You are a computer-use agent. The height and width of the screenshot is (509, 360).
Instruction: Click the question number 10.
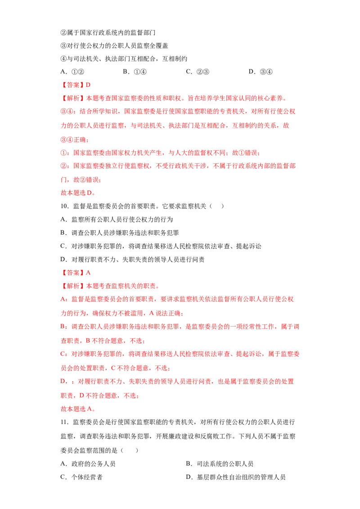64,206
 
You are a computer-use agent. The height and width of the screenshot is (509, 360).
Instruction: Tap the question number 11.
64,422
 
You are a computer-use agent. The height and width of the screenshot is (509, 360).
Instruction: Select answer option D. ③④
260,72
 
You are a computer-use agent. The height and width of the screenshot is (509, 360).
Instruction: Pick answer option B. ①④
135,72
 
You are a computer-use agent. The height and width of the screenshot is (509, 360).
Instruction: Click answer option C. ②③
198,72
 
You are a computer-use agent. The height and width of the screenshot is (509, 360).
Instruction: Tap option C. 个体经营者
81,477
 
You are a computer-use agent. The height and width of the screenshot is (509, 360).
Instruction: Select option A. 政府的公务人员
88,464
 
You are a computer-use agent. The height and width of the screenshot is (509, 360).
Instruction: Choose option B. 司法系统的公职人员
220,464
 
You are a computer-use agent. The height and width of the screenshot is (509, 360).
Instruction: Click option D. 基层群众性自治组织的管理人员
235,477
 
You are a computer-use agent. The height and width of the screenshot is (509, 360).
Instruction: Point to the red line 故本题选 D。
78,193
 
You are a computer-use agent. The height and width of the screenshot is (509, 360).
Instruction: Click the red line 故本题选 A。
78,409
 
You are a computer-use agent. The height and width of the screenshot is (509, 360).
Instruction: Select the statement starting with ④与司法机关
124,59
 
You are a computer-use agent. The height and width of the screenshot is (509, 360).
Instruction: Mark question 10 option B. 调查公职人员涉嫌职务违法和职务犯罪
120,233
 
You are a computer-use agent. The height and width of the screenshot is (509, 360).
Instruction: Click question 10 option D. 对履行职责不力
132,259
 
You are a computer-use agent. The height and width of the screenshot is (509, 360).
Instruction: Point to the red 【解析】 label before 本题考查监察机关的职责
73,286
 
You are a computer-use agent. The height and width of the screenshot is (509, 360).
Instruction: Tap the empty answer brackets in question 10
217,206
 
